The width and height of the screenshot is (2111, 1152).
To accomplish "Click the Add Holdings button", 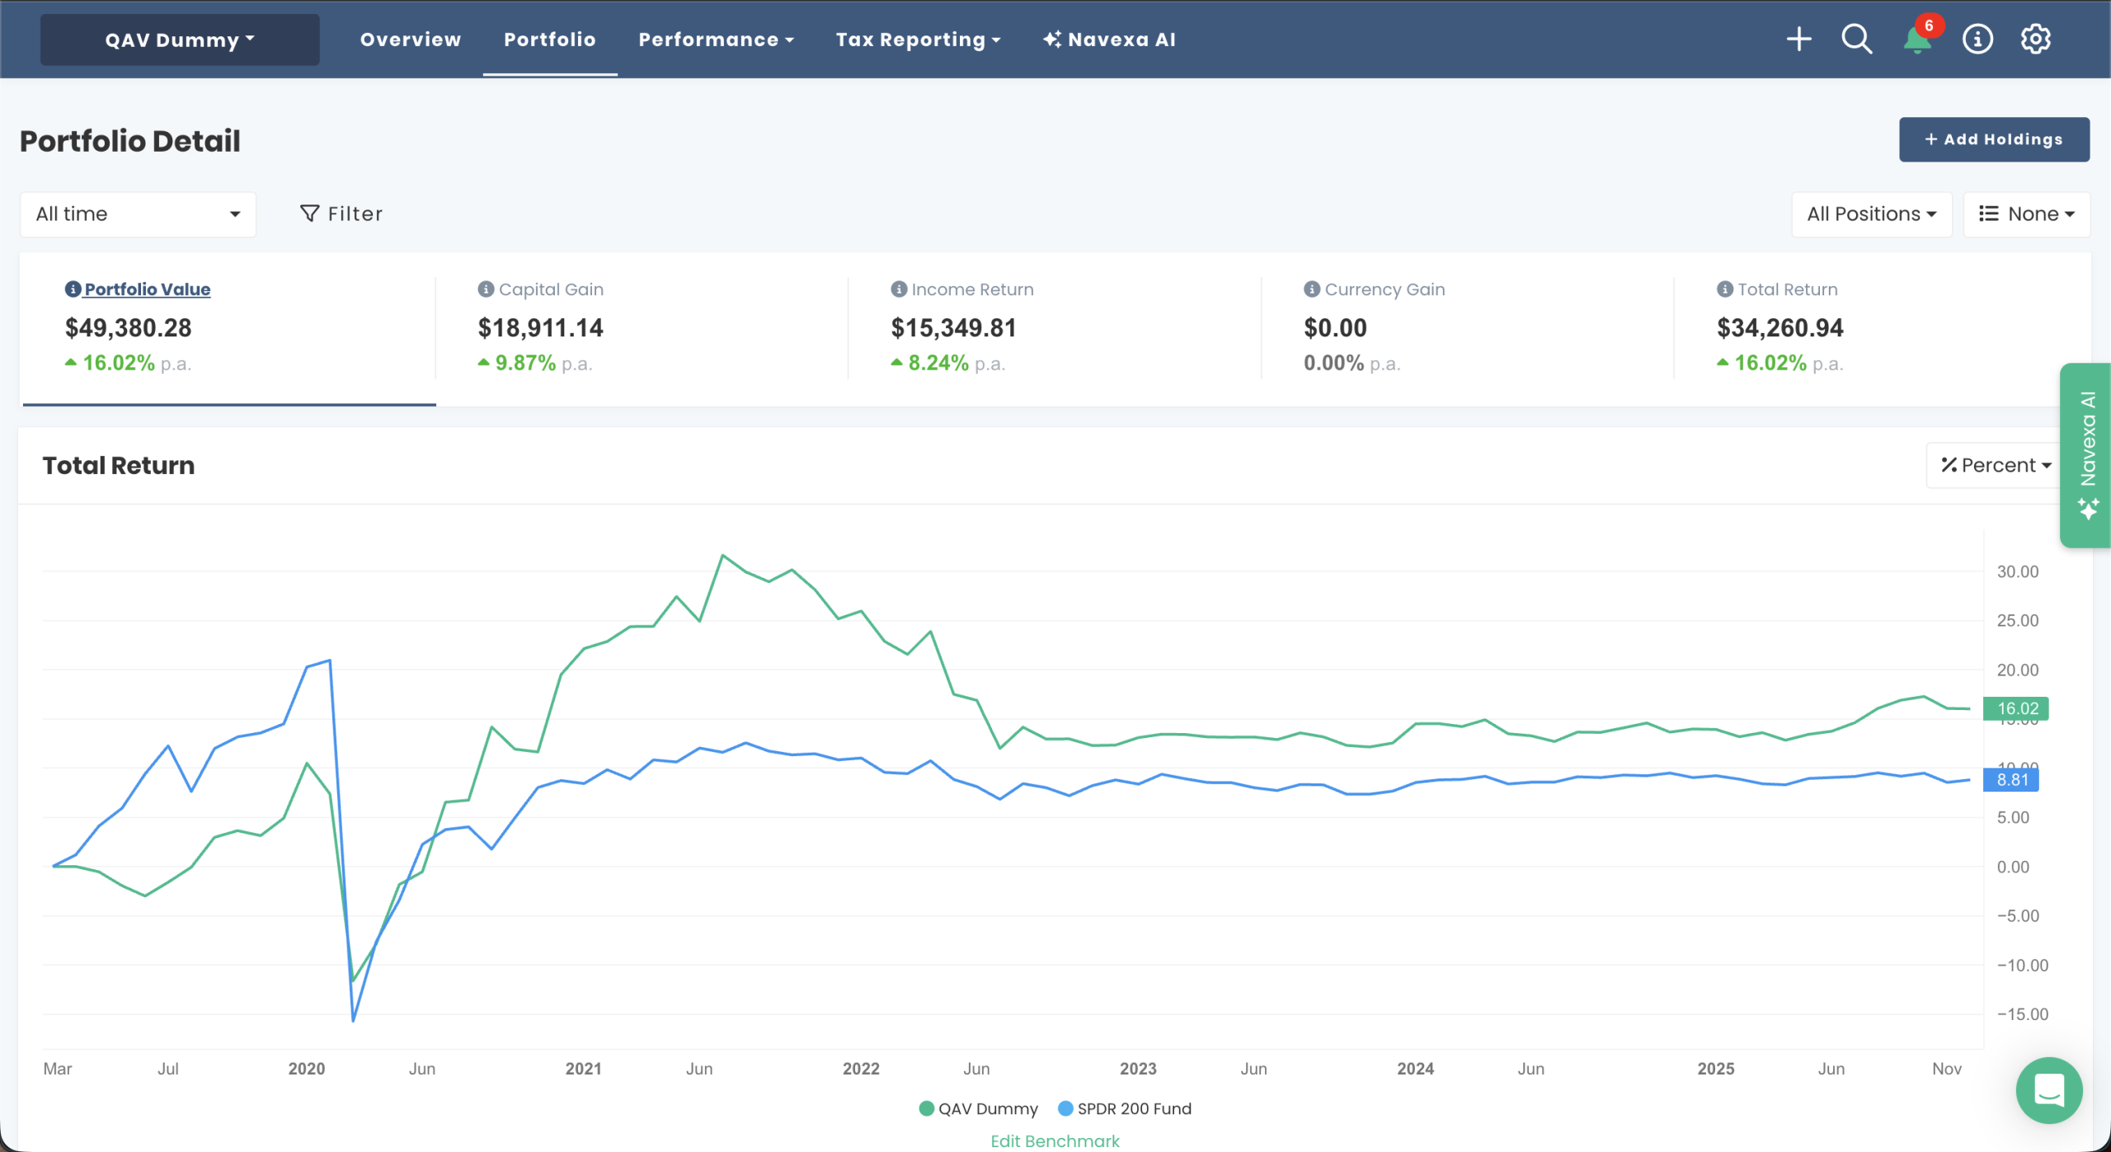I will click(1993, 139).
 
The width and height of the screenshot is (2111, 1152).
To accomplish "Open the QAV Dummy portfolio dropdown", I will click(180, 40).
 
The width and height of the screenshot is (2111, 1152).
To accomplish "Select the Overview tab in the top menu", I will click(410, 40).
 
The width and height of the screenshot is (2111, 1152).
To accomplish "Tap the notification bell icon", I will click(1916, 39).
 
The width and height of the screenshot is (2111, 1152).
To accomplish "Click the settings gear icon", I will click(2035, 39).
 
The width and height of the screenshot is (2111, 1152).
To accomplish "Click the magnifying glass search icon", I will click(1856, 39).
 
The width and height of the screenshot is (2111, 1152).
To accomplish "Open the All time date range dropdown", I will click(138, 214).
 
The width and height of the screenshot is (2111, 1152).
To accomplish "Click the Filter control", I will click(341, 214).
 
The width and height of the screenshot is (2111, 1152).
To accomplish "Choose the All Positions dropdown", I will click(1870, 214).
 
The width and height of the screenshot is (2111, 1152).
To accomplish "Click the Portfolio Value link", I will click(147, 289).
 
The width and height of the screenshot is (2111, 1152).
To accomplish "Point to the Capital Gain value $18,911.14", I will click(540, 328).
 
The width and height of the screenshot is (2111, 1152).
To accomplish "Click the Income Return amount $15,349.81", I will click(953, 328).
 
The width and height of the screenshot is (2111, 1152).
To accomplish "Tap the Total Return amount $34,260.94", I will click(1780, 328).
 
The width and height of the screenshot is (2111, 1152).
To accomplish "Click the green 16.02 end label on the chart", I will click(2016, 708).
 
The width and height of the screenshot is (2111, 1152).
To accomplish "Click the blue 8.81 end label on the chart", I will click(2011, 779).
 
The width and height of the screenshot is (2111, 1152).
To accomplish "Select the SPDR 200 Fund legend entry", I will click(1125, 1109).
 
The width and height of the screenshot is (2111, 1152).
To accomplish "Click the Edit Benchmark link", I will click(1055, 1141).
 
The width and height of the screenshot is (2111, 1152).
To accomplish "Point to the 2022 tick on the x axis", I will click(861, 1069).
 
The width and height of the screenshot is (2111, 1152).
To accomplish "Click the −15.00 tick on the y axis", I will click(2021, 1014).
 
